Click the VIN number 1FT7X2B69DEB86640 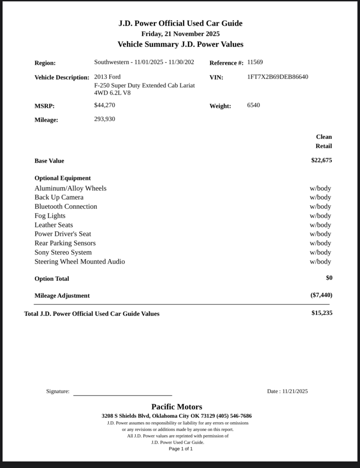278,77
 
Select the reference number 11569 255,62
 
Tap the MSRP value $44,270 105,105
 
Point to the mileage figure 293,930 105,119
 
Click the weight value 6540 253,105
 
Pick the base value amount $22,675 322,160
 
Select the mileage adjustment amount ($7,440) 321,295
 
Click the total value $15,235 322,313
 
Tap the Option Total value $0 329,278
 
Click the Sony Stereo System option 63,253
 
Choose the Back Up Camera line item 59,197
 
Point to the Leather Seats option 54,225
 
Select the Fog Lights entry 50,216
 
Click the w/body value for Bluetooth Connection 320,207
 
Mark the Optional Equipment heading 62,178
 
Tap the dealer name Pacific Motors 176,407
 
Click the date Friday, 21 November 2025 180,34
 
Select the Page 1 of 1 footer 180,449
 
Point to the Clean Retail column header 323,141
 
